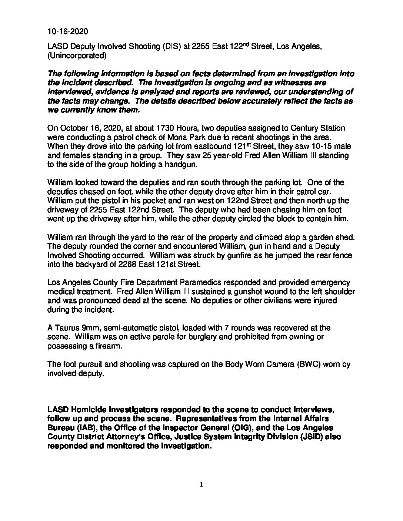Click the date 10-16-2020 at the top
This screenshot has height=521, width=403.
[x=68, y=31]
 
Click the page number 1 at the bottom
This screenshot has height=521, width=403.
[x=201, y=485]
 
